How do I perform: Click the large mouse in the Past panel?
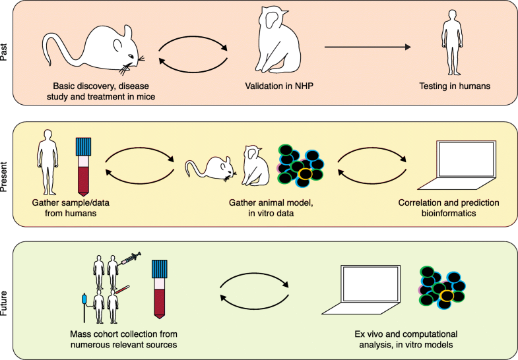pyautogui.click(x=92, y=53)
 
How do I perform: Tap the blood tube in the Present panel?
pyautogui.click(x=84, y=166)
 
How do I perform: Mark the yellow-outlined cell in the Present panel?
pyautogui.click(x=306, y=174)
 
